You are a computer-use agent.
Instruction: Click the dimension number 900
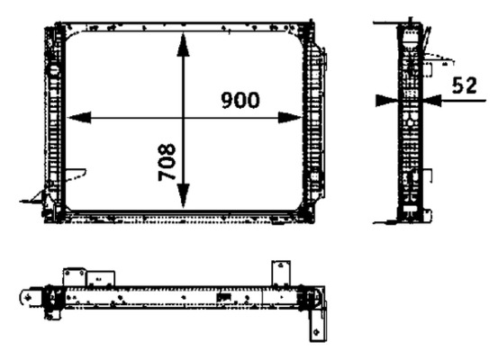point(240,100)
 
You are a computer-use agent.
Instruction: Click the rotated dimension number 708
point(167,162)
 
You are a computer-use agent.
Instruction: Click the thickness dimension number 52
point(465,85)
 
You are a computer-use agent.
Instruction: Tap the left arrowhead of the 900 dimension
point(79,118)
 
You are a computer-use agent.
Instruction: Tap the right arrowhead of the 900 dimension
point(290,118)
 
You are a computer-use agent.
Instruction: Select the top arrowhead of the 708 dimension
point(183,44)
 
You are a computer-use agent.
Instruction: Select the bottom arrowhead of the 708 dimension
point(183,196)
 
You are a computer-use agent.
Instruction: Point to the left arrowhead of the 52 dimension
point(386,101)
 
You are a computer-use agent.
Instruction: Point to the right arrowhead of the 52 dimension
point(432,101)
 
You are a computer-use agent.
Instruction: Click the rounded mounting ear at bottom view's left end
point(31,298)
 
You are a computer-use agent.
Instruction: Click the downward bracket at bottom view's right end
point(318,326)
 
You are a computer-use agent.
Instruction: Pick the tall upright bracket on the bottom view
point(281,274)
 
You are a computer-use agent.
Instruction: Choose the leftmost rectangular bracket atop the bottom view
point(75,277)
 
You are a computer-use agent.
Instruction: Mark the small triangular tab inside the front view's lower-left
point(76,175)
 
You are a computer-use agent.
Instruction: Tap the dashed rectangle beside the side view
point(427,69)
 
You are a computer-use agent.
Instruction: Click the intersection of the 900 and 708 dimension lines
point(183,118)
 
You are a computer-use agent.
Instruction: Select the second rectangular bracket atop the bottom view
point(101,278)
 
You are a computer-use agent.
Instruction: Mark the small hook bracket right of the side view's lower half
point(428,176)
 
